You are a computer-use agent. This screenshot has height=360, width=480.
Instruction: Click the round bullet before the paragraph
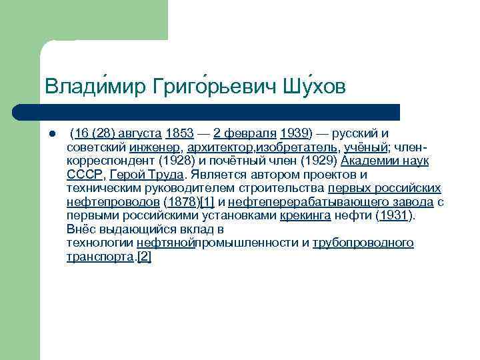(x=51, y=133)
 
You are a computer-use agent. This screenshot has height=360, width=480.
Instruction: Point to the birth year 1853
(x=179, y=133)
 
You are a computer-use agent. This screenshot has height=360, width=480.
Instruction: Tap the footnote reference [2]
(x=143, y=256)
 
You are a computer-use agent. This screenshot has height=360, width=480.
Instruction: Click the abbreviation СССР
(x=85, y=175)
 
